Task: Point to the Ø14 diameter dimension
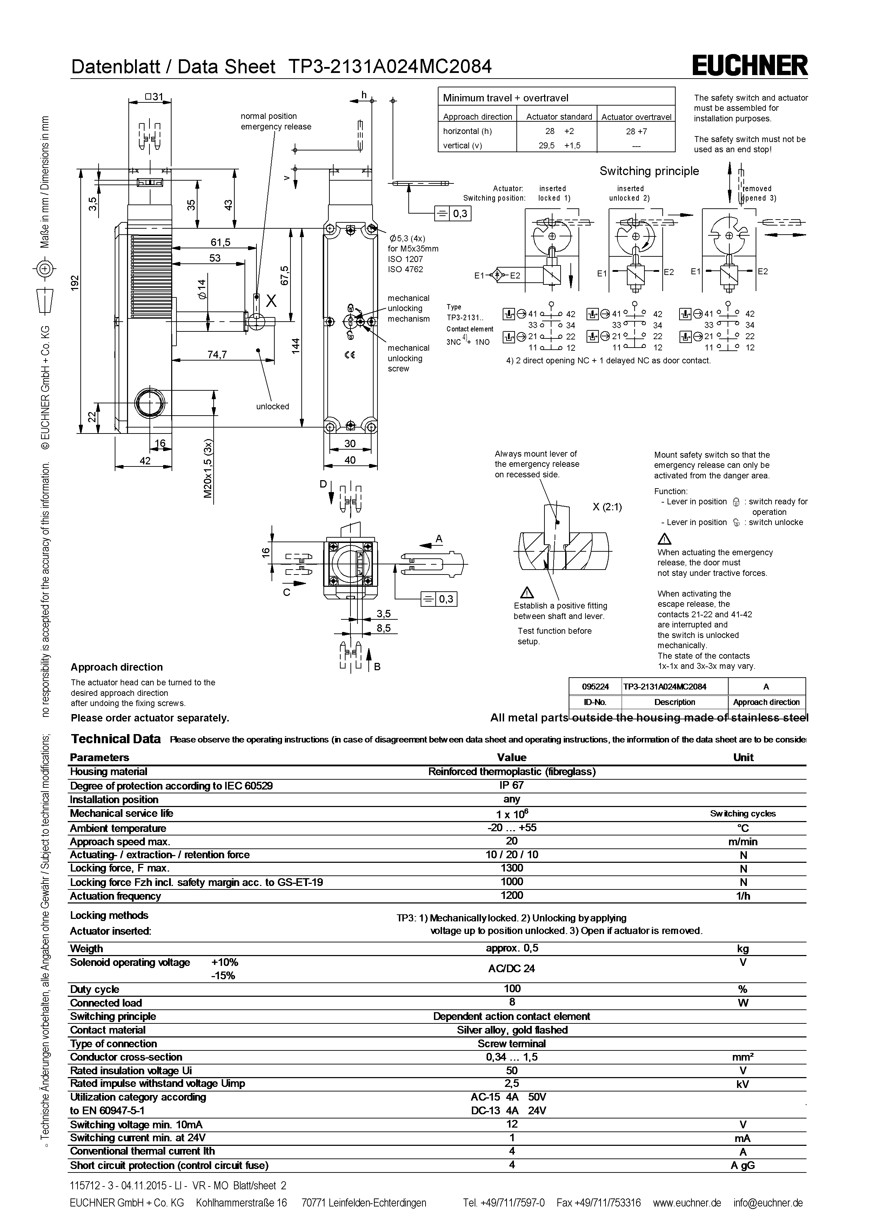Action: point(201,289)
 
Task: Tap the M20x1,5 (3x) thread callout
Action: point(208,469)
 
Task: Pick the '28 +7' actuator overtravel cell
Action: point(636,131)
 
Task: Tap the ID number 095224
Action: point(595,686)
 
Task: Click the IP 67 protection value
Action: point(511,785)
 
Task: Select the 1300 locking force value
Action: point(511,868)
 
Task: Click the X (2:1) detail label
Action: point(607,507)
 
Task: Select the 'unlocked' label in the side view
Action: point(272,406)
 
